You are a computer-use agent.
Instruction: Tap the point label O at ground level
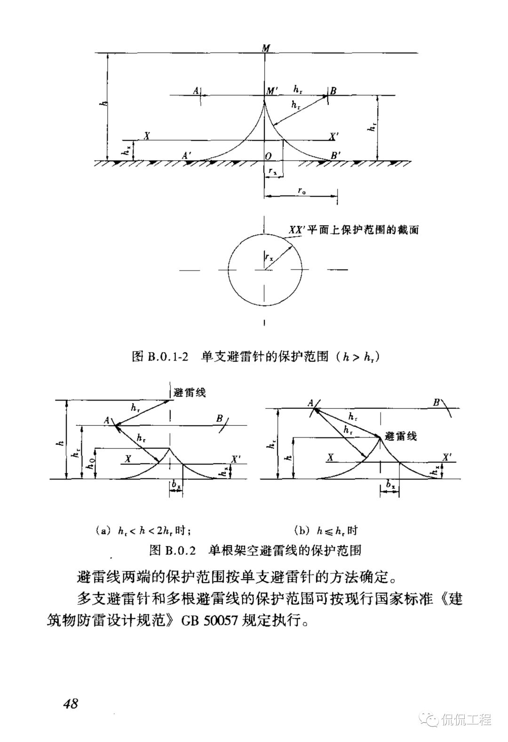(x=268, y=155)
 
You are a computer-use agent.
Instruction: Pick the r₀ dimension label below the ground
(x=302, y=190)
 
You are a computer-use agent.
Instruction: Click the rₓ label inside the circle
(x=269, y=256)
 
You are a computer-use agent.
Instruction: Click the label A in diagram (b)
(x=311, y=403)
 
